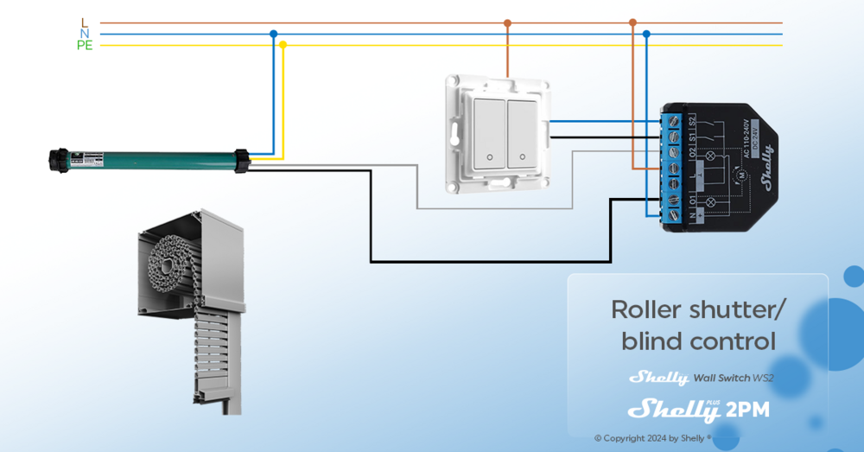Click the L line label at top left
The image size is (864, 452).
[x=84, y=22]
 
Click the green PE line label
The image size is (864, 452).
[x=84, y=46]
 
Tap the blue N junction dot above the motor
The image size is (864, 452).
[x=274, y=35]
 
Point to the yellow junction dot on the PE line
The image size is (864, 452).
[x=283, y=45]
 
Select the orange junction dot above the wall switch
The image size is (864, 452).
[x=507, y=23]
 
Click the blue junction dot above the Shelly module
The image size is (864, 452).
[x=646, y=35]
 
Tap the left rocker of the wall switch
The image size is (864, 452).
[x=489, y=134]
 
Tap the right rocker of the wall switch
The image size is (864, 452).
[x=521, y=134]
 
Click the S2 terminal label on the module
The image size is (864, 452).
[x=691, y=120]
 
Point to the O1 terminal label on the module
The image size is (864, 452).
[x=691, y=200]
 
